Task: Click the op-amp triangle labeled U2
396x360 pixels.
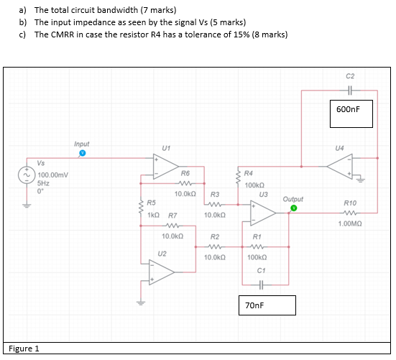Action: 162,270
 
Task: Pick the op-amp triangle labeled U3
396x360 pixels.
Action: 263,211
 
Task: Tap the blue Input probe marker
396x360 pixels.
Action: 82,153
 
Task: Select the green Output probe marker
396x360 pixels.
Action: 293,208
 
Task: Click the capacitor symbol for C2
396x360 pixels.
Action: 350,91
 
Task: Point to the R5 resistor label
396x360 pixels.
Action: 152,204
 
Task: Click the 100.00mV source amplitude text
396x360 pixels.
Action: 53,175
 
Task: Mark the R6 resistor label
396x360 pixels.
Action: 185,173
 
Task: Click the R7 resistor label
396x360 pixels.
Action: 172,216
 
